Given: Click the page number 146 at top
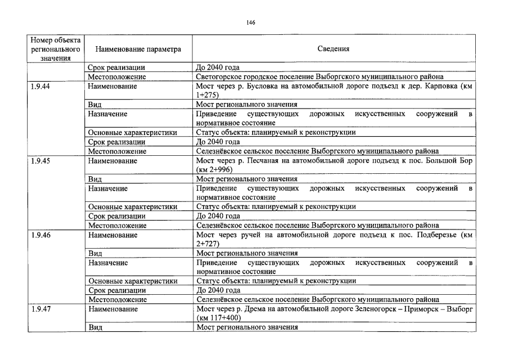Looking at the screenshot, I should point(251,22).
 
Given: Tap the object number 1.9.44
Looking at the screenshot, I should point(40,86).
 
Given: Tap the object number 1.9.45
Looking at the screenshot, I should point(40,160).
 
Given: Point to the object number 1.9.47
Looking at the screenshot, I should point(40,309).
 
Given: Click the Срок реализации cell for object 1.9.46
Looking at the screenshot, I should point(117,290).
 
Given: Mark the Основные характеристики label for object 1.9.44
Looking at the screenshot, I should point(133,133).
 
